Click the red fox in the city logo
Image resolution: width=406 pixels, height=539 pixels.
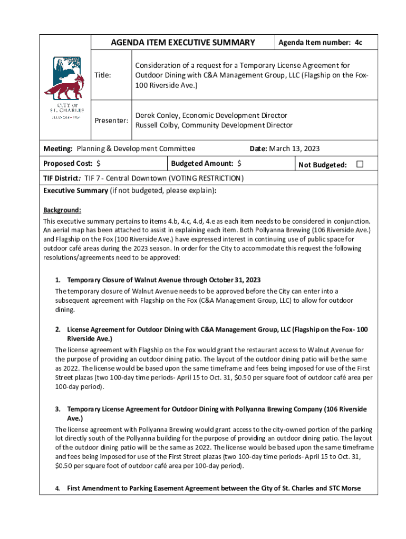(64, 87)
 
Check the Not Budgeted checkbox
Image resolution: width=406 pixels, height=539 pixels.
(360, 165)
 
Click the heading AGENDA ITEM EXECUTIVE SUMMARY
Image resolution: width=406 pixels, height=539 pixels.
(182, 43)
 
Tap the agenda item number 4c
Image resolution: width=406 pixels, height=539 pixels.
(358, 42)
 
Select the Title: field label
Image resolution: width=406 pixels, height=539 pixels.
(102, 75)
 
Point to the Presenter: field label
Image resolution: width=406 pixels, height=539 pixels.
(111, 121)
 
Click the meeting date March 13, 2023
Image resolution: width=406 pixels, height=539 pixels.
(294, 149)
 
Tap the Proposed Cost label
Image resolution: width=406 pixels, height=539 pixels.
(68, 164)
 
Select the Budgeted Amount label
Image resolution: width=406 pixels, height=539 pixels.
(202, 164)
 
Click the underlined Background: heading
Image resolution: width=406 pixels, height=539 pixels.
(62, 209)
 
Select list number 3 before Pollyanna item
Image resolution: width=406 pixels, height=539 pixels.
(58, 409)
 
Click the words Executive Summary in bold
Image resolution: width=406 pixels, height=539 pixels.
(75, 191)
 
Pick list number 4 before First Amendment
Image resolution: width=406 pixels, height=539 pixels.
(58, 488)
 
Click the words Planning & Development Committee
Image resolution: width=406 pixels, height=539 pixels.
(136, 149)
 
